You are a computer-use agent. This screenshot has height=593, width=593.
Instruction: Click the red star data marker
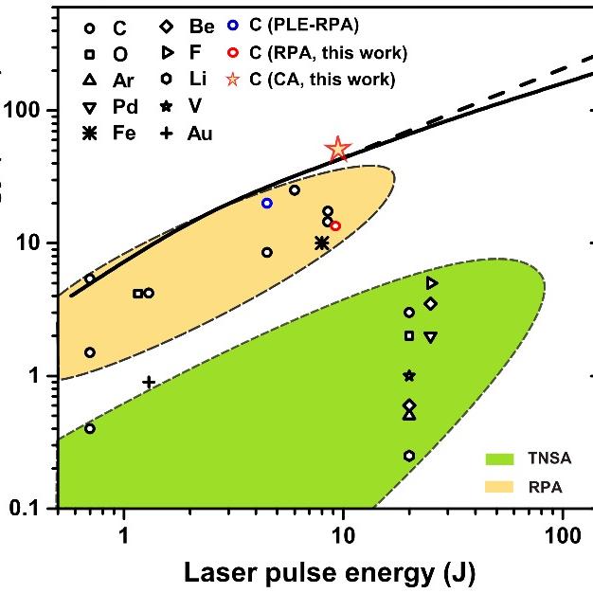coord(338,149)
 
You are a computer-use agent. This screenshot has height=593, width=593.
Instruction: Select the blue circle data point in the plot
coord(267,203)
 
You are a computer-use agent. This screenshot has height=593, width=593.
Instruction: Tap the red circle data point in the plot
coord(335,225)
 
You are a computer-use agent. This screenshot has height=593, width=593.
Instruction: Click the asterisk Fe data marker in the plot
coord(321,243)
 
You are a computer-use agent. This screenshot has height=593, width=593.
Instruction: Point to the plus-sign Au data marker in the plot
coord(149,382)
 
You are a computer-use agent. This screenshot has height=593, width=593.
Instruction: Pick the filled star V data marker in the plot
coord(409,376)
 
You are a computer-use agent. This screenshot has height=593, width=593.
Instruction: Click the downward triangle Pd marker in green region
coord(431,337)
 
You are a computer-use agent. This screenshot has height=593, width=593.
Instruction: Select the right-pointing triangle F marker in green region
coord(432,282)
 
